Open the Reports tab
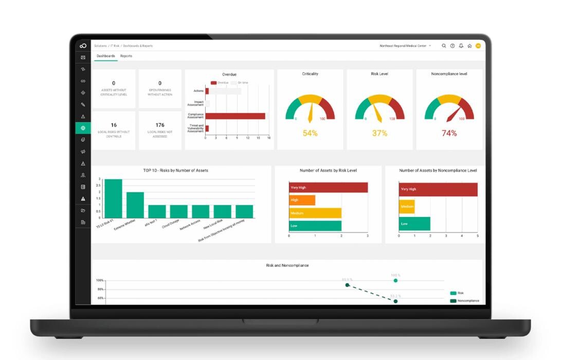coord(126,56)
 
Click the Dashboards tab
coord(106,56)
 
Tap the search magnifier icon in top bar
coord(444,46)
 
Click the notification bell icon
coord(461,46)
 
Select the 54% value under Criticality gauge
coord(310,133)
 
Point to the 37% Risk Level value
coord(379,133)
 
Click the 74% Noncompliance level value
coord(449,133)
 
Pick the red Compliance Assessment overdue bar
coord(236,116)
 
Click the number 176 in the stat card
coord(160,125)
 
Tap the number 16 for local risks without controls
coord(114,125)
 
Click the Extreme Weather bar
coord(135,205)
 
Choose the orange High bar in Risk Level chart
coord(302,200)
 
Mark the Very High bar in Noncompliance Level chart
coord(438,189)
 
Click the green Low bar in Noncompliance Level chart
coord(414,224)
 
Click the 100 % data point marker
coord(395,280)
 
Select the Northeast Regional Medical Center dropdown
coord(405,46)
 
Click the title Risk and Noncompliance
coord(287,265)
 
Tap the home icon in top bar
coord(469,46)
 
